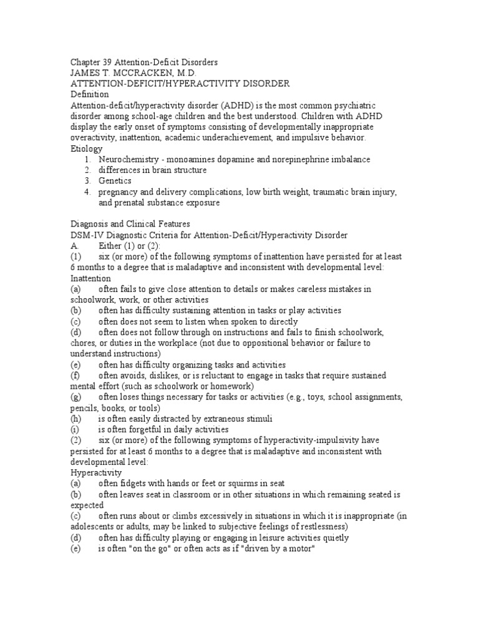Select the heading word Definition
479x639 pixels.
coord(90,94)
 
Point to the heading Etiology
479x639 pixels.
coord(87,149)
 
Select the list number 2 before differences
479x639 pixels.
coord(89,170)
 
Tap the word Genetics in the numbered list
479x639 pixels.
coord(115,181)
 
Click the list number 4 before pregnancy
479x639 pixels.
coord(89,192)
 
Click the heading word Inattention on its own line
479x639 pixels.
coord(91,278)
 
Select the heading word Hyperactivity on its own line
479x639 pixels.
coord(94,473)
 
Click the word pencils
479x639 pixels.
coord(84,407)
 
